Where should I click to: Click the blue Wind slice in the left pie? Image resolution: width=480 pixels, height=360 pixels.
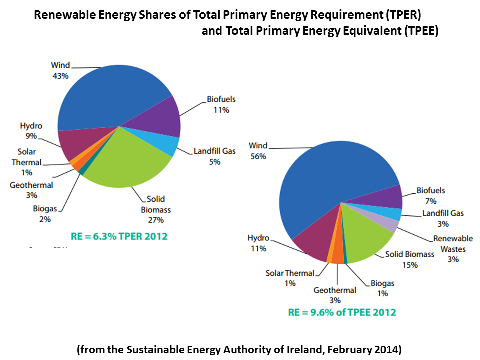pos(110,95)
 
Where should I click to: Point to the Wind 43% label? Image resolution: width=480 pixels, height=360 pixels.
pos(60,70)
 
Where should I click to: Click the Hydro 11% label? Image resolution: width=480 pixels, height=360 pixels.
pos(258,243)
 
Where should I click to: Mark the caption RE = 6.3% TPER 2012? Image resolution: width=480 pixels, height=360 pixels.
pos(119,236)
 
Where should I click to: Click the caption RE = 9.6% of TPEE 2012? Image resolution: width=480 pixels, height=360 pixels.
pos(342,312)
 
